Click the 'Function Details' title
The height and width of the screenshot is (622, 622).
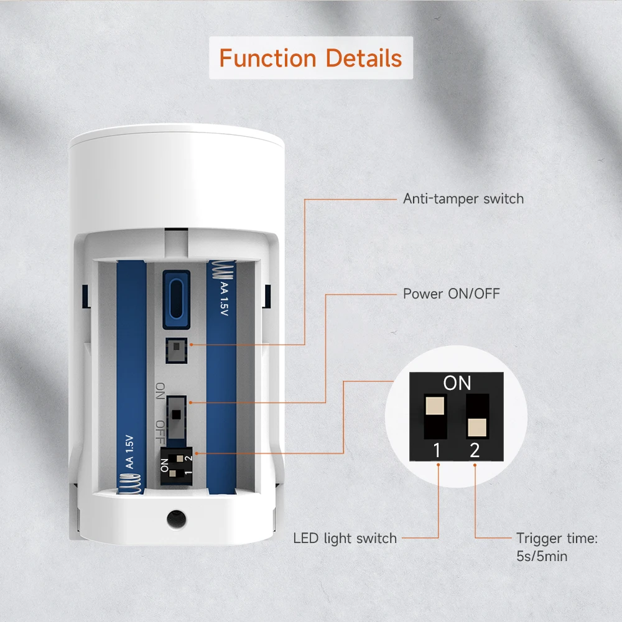point(310,58)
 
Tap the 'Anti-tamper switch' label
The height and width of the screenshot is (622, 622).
point(463,199)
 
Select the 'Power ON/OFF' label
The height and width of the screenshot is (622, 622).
point(451,293)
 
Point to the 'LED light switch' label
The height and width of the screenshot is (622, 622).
point(345,538)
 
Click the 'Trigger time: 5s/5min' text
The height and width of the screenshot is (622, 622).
point(556,547)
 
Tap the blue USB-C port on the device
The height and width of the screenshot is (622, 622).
point(176,299)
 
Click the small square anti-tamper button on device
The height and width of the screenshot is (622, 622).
point(176,350)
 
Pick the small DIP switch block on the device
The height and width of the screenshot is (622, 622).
point(176,465)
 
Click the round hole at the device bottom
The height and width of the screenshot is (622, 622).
point(176,517)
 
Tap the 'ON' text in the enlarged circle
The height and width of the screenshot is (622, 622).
point(457,383)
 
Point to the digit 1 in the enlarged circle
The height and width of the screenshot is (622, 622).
point(437,450)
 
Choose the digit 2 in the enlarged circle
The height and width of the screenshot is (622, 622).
point(475,450)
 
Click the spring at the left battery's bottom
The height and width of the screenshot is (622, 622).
point(129,483)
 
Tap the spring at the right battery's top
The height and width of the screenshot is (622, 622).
point(221,271)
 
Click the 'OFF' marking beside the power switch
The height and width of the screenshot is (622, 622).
point(160,429)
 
